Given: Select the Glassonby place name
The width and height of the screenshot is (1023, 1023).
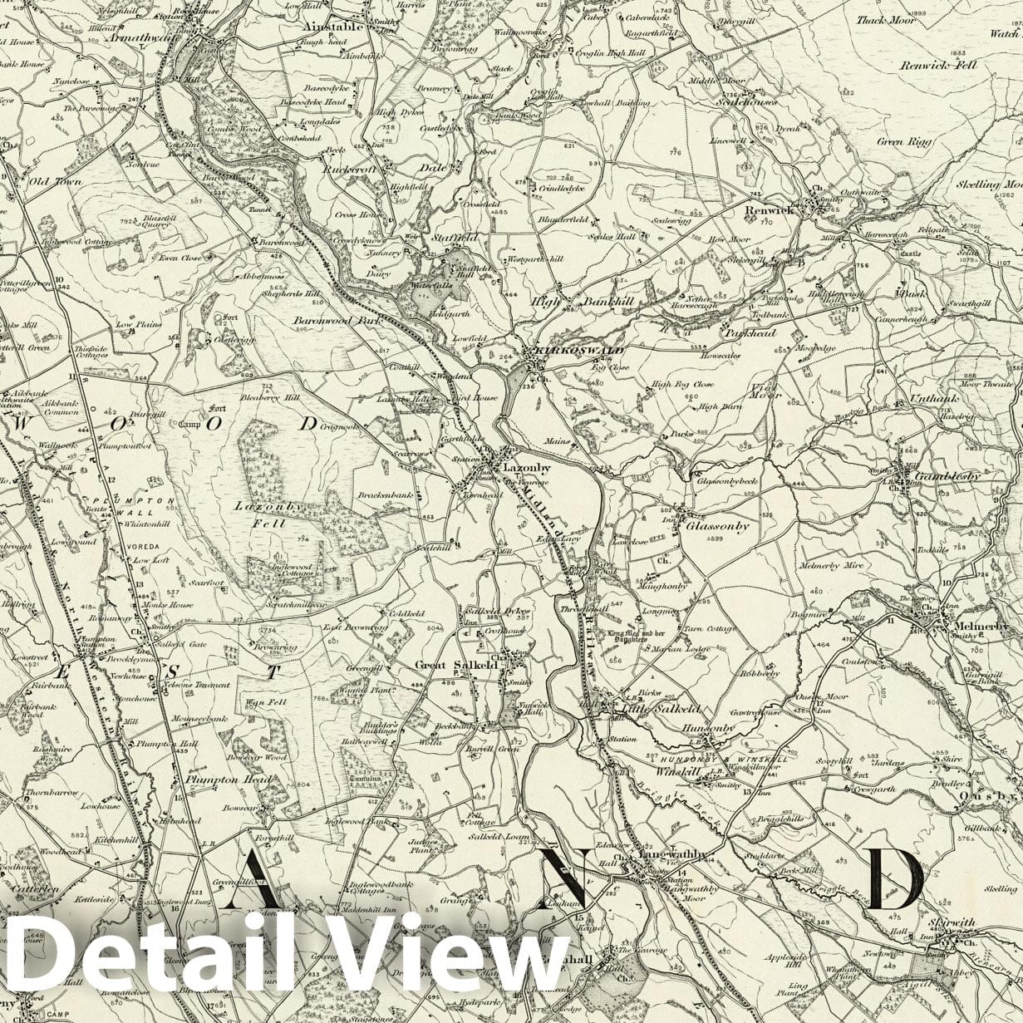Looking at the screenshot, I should coord(717,525).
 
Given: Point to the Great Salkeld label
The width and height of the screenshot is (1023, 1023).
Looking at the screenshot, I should coord(455,665).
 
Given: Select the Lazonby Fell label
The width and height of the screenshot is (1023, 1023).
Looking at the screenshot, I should coord(260,514).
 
